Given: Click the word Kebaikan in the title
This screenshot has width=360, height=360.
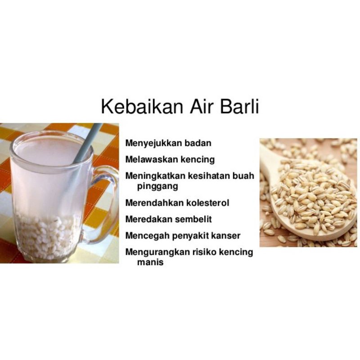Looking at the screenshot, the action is coord(142,106).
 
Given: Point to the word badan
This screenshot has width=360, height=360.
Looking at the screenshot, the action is coord(198,143).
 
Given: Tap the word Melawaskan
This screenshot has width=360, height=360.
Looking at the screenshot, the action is coord(151,159).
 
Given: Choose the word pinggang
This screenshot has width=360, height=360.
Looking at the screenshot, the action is coord(157,186).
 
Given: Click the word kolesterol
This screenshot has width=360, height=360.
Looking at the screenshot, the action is coord(207,203).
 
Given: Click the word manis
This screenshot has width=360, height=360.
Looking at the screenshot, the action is coord(150,262).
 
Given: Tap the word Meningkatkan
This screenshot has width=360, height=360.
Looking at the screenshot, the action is coord(155,176).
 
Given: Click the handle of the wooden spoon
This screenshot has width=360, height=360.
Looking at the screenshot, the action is coord(267,161).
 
